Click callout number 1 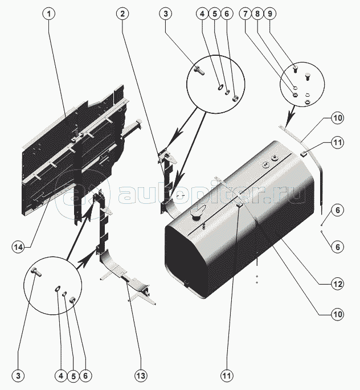pos(49,14)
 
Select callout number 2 pos(122,14)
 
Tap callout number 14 pos(18,247)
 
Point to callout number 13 pos(141,375)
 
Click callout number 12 pos(338,284)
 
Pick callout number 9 pos(269,14)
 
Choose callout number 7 pos(246,14)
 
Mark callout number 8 pos(257,14)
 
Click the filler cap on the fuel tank pos(197,215)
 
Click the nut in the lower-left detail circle pos(72,300)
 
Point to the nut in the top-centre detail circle pos(235,98)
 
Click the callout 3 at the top pos(166,14)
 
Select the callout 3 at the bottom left pos(18,375)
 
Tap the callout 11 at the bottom pos(227,375)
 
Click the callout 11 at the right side pos(338,142)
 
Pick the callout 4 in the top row pos(202,14)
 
